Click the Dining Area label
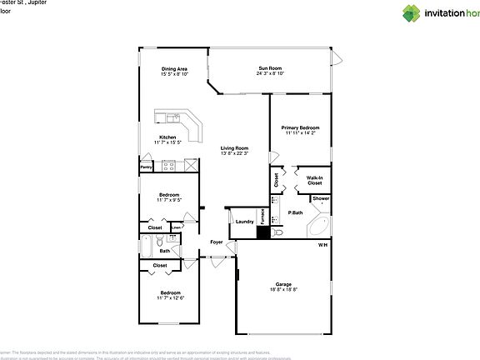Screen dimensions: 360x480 tap(174, 69)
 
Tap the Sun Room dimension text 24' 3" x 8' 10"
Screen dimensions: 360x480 tap(271, 74)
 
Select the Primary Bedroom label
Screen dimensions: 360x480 tap(300, 127)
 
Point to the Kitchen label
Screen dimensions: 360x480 tap(168, 137)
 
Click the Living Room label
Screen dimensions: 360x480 tap(235, 147)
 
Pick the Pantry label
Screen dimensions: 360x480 tap(146, 167)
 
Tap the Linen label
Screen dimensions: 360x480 tap(176, 227)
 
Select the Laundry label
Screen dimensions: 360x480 tap(244, 221)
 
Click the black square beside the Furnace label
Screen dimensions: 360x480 tap(263, 233)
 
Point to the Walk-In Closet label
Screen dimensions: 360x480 tap(314, 180)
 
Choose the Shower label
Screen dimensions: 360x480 tap(320, 199)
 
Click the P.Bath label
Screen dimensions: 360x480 tap(294, 213)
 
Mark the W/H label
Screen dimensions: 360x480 tap(322, 245)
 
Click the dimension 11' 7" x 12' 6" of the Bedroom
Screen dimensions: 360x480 tap(170, 298)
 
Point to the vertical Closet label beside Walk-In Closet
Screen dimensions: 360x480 tap(277, 178)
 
